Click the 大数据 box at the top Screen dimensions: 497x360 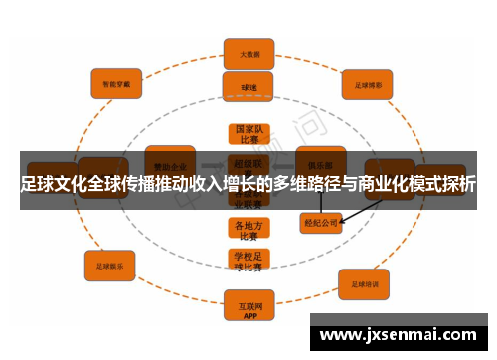(248, 53)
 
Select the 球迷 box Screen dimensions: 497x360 (248, 87)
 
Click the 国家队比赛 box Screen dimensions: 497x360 (248, 135)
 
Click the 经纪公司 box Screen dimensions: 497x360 (320, 223)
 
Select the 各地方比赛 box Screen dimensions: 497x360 (248, 230)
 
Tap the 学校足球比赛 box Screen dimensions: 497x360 (248, 261)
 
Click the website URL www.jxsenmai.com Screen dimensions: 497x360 (398, 335)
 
